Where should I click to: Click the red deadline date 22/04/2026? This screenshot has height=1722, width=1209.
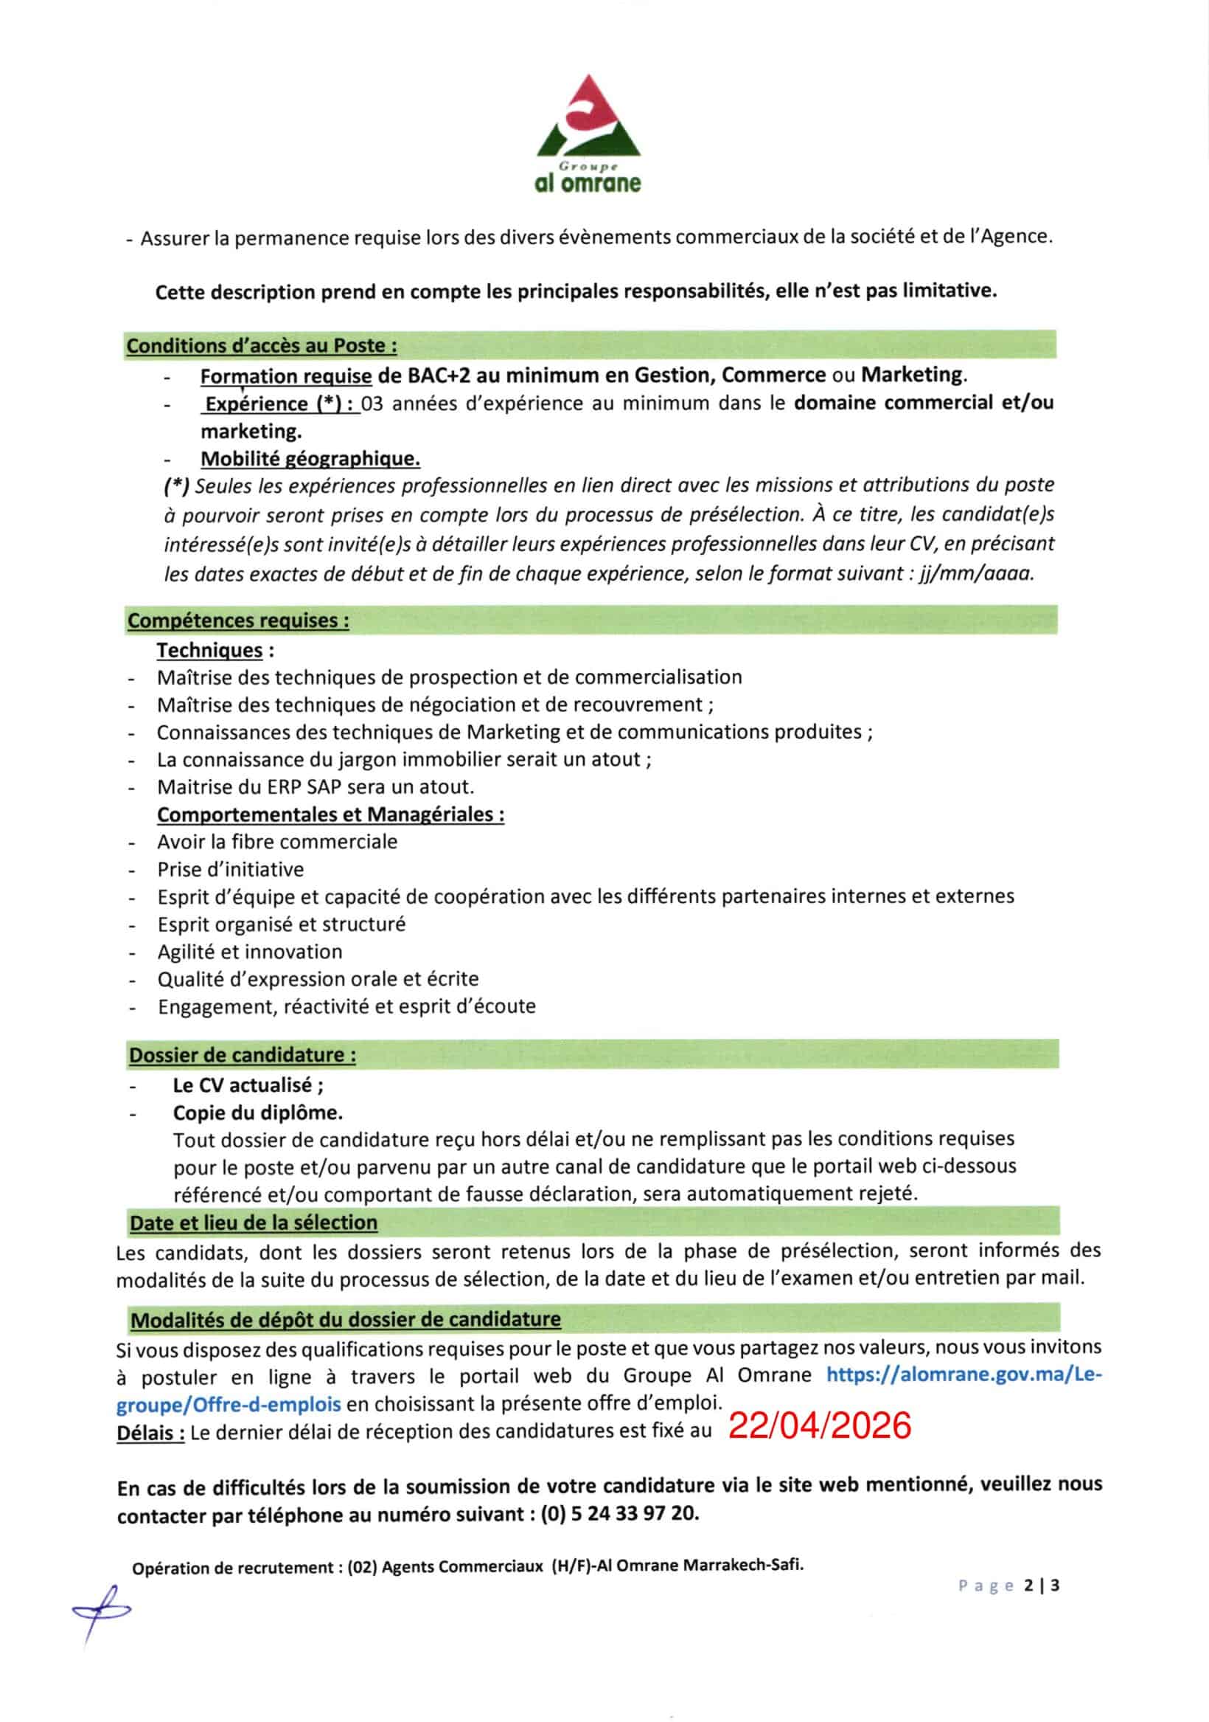pos(819,1425)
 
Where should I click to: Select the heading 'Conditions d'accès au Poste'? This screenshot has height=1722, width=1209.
pos(261,346)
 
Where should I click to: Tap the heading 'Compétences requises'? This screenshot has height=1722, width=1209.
pos(237,620)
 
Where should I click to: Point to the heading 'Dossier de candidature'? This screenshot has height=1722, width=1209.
pos(242,1054)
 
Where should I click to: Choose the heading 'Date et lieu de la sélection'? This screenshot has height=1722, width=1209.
pos(254,1223)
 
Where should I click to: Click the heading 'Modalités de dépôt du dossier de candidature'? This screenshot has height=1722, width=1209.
pos(346,1318)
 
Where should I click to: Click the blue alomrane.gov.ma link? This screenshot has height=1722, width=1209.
pos(964,1375)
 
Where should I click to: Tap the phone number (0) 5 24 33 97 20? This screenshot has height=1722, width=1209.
pos(619,1513)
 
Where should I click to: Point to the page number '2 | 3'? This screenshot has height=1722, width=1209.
pos(1042,1586)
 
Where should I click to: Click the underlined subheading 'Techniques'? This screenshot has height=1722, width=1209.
pos(209,649)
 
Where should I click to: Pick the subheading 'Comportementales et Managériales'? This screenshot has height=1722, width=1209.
pos(330,814)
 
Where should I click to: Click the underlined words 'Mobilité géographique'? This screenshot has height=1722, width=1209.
pos(310,458)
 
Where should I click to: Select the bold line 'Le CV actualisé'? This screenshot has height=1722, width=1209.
pos(248,1085)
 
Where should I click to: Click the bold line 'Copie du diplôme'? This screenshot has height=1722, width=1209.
pos(257,1113)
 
